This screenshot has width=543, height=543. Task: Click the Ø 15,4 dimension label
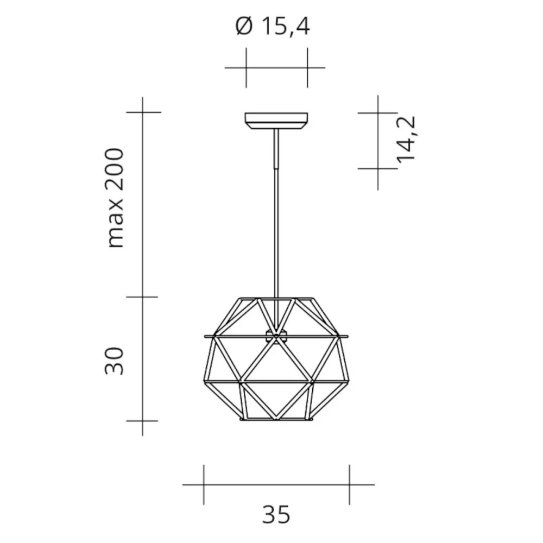273,26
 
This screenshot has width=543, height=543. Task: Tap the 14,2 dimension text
406,138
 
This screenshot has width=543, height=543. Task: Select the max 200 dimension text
116,198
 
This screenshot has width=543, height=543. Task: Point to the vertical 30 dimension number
115,361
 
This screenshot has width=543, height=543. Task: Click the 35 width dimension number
276,514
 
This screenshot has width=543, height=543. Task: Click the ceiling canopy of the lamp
276,119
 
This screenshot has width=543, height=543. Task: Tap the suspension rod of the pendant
276,217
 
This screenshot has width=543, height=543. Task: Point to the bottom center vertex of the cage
276,419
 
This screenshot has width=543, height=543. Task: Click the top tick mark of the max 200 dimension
143,112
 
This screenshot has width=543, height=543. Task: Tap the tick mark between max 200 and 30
143,297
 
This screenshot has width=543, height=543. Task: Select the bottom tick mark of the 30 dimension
143,421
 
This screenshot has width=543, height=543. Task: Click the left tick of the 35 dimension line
204,484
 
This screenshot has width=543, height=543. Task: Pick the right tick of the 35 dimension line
349,484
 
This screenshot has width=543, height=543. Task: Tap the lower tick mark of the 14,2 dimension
378,169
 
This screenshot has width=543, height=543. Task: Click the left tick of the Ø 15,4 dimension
246,68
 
